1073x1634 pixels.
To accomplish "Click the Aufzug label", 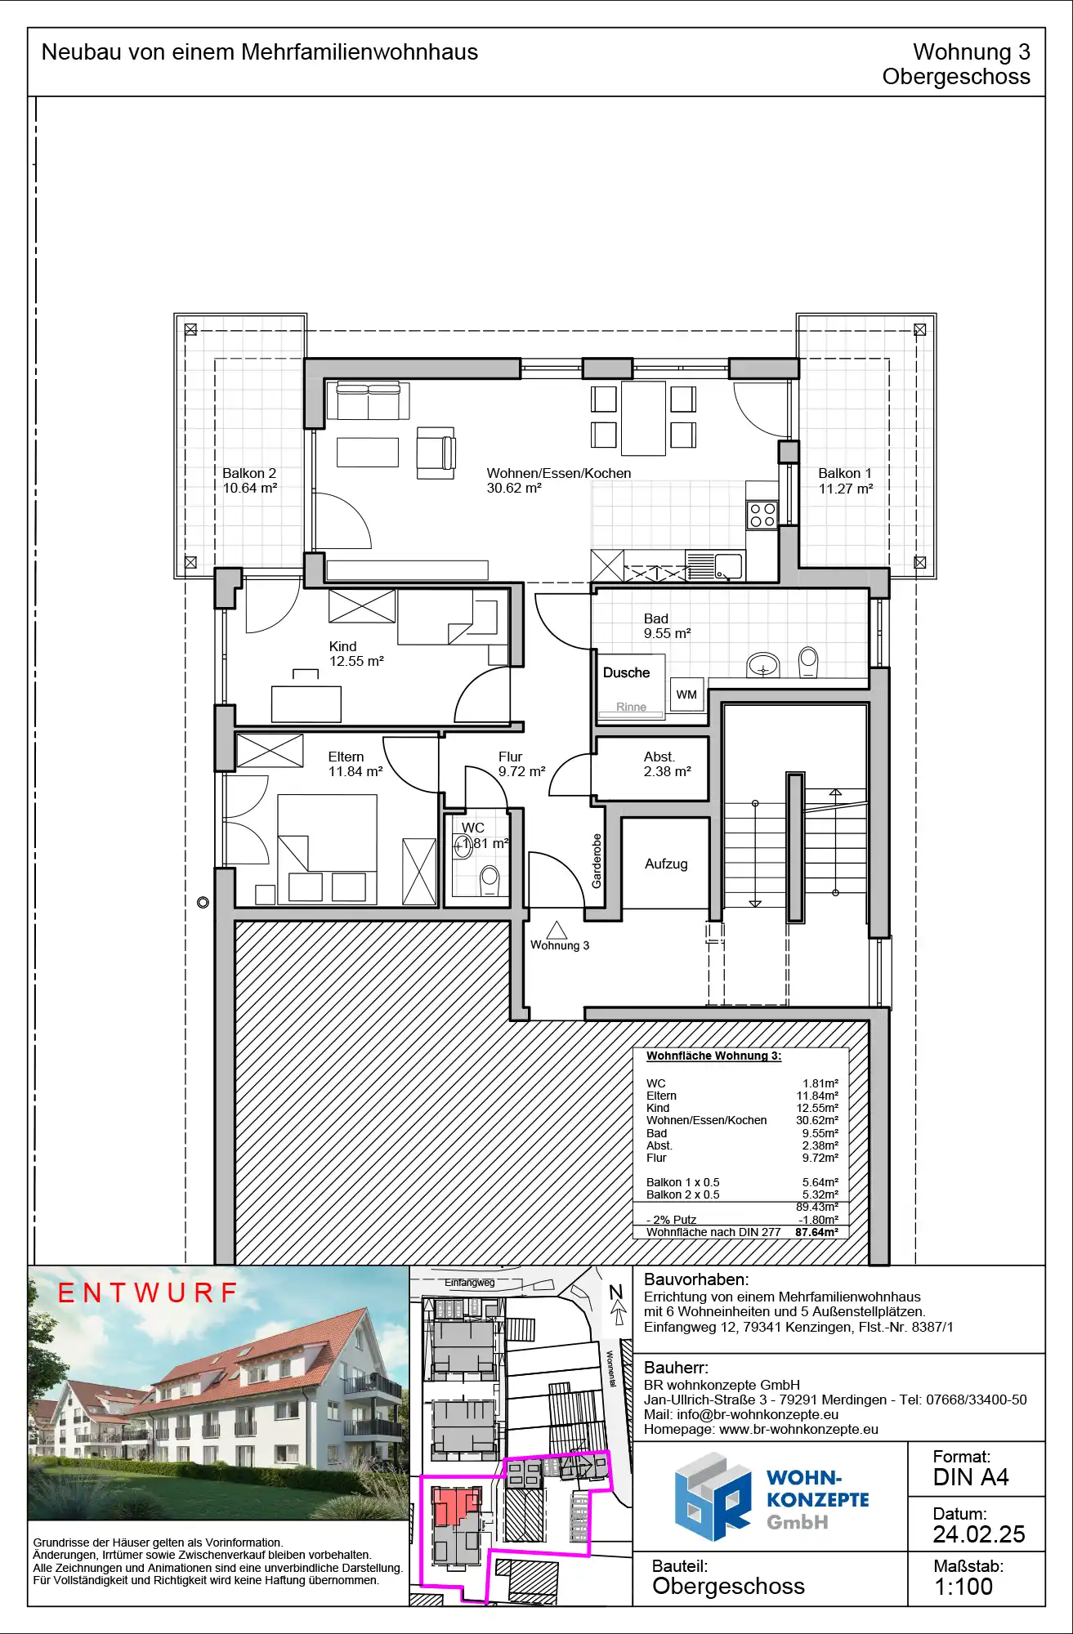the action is click(x=666, y=864).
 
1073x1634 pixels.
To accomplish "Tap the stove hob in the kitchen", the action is click(x=762, y=515).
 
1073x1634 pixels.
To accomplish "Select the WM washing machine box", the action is click(x=686, y=694).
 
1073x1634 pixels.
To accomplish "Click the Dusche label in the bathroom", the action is click(x=626, y=672).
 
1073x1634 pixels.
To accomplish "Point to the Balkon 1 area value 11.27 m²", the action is click(x=846, y=489).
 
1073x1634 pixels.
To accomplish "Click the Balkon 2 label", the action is click(x=249, y=473).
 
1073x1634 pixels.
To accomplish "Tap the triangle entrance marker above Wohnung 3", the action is click(x=557, y=930).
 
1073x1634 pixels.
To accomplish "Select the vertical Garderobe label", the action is click(x=597, y=861).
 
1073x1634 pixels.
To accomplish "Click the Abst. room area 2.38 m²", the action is click(x=667, y=771).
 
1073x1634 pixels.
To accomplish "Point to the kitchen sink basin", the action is click(x=728, y=565).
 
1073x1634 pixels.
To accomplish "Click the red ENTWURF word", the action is click(x=147, y=1292).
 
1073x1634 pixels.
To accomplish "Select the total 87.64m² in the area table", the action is click(x=816, y=1232).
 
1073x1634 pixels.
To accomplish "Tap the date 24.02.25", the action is click(x=979, y=1534).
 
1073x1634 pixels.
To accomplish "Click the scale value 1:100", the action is click(x=963, y=1587).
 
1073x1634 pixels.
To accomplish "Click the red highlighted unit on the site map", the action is click(x=454, y=1505).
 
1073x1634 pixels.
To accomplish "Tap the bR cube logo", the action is click(x=712, y=1498).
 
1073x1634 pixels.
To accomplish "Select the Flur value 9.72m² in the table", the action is click(x=820, y=1158).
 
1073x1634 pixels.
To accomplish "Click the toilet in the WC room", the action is click(x=490, y=877).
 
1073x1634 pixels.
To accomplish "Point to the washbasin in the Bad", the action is click(x=762, y=665).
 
